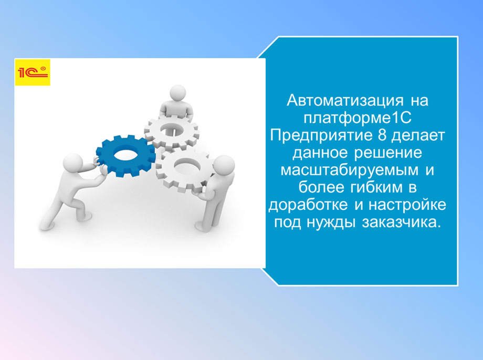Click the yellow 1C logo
click(x=33, y=72)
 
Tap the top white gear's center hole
click(x=172, y=131)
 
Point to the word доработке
click(x=304, y=205)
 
